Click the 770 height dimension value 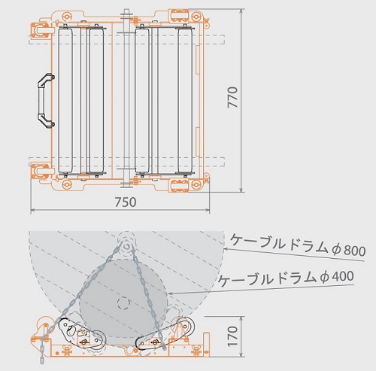[232, 97]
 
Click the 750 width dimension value [126, 202]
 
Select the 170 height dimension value [232, 336]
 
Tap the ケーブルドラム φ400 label [286, 278]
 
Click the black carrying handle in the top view [45, 101]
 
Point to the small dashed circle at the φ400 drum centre [123, 303]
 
